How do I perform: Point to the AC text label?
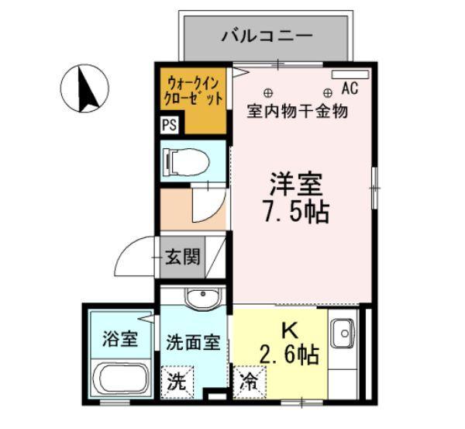pos(349,88)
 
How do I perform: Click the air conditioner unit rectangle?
pos(350,74)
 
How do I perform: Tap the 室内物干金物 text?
pos(297,110)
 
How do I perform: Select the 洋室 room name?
pos(295,184)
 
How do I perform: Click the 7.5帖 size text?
pos(296,212)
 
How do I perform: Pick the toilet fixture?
pos(185,162)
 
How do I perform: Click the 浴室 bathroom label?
pos(119,339)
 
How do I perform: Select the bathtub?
pos(120,381)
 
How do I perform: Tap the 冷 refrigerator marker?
pos(250,382)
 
